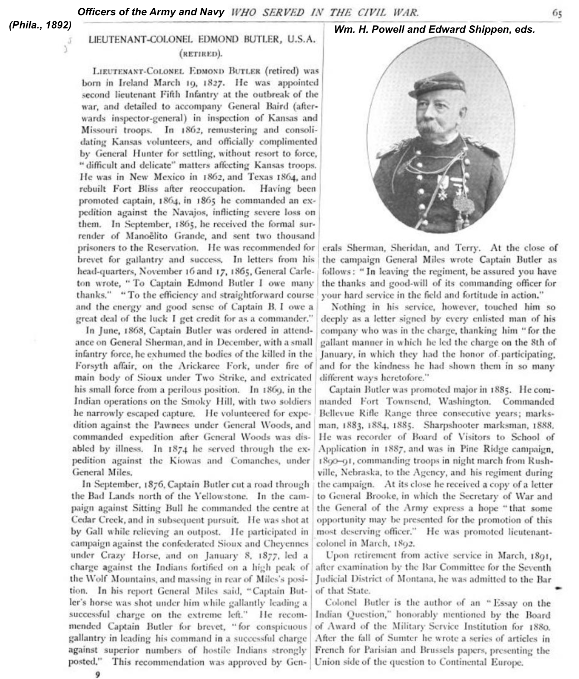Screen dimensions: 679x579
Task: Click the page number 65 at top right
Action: pyautogui.click(x=557, y=13)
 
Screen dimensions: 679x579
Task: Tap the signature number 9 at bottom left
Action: pyautogui.click(x=97, y=674)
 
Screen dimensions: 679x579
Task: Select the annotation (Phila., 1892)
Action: pyautogui.click(x=40, y=25)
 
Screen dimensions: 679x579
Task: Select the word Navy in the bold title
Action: pyautogui.click(x=212, y=12)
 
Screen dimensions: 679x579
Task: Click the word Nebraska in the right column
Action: pyautogui.click(x=365, y=473)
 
